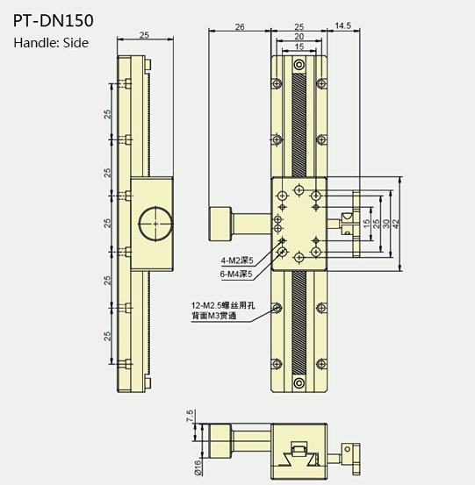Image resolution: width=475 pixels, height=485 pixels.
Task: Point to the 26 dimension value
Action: (240, 27)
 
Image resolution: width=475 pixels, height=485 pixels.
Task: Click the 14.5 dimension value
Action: (343, 27)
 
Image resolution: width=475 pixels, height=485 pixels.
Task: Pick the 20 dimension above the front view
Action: (300, 37)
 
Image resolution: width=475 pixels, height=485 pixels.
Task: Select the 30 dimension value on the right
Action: (388, 223)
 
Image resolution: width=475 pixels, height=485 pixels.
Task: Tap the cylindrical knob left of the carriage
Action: (220, 223)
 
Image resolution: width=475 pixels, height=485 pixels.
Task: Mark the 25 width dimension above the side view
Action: (142, 36)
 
